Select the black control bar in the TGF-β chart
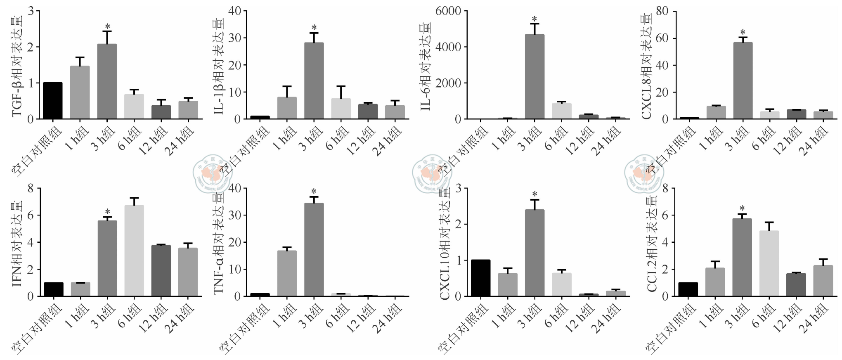[x=53, y=101]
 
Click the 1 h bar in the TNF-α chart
[x=287, y=273]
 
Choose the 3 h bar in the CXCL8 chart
[x=743, y=81]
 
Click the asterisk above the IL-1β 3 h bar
[x=314, y=27]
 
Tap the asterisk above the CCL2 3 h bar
[x=742, y=208]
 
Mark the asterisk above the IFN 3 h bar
[x=107, y=212]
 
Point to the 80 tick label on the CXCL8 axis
[x=662, y=11]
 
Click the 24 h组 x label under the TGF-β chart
[x=181, y=141]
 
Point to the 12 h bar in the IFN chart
[x=161, y=270]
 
